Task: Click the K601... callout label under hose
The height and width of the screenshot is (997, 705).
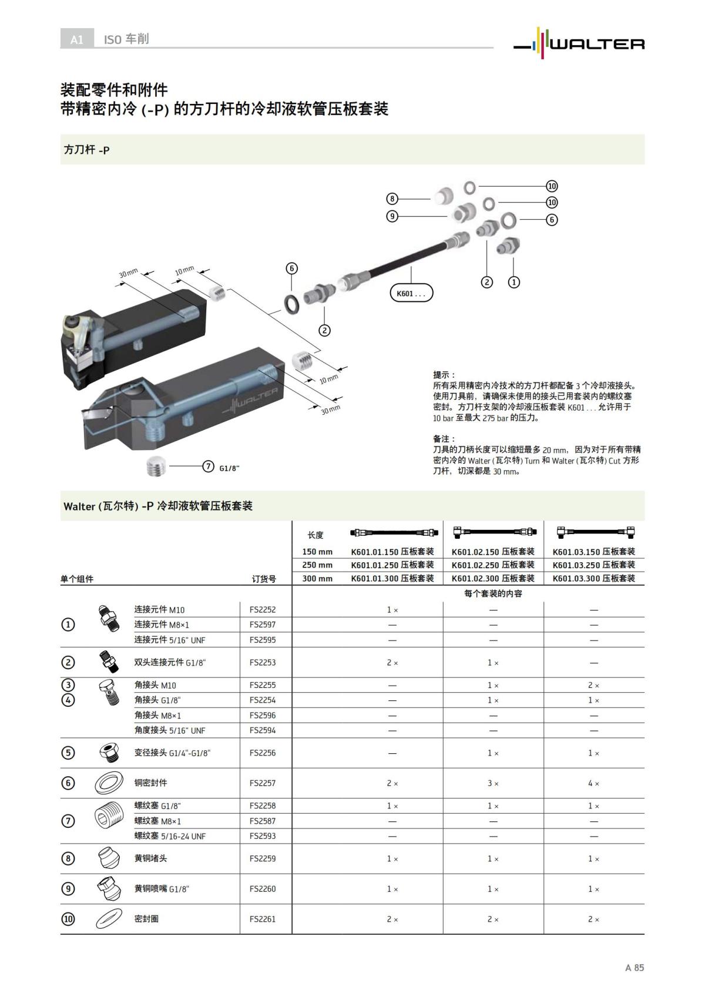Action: pyautogui.click(x=411, y=293)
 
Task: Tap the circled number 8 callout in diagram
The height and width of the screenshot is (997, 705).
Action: pyautogui.click(x=392, y=199)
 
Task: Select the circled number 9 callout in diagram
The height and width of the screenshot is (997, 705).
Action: pyautogui.click(x=392, y=216)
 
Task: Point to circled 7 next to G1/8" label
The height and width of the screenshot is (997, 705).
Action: pyautogui.click(x=208, y=466)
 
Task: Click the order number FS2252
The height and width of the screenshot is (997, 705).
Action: pyautogui.click(x=262, y=610)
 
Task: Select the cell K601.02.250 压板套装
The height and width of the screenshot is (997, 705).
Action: pyautogui.click(x=493, y=565)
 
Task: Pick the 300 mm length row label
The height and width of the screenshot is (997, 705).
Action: pyautogui.click(x=317, y=579)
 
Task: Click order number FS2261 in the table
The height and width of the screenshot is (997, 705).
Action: pyautogui.click(x=262, y=919)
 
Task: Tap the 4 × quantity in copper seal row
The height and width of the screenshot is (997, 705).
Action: pyautogui.click(x=593, y=783)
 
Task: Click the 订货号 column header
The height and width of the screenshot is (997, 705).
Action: pyautogui.click(x=264, y=579)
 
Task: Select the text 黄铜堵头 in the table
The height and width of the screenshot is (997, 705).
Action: pyautogui.click(x=150, y=858)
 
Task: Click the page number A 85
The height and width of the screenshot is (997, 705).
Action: pyautogui.click(x=634, y=968)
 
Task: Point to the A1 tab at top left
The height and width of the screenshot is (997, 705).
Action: pyautogui.click(x=77, y=39)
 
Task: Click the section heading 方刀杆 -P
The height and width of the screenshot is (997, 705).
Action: pyautogui.click(x=86, y=150)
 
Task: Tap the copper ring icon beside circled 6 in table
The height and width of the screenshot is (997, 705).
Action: pyautogui.click(x=109, y=783)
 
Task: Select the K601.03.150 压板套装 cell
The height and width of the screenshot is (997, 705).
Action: pyautogui.click(x=593, y=552)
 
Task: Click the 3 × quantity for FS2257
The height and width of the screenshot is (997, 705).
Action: pyautogui.click(x=493, y=783)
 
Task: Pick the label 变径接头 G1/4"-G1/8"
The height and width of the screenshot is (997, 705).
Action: pyautogui.click(x=172, y=753)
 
